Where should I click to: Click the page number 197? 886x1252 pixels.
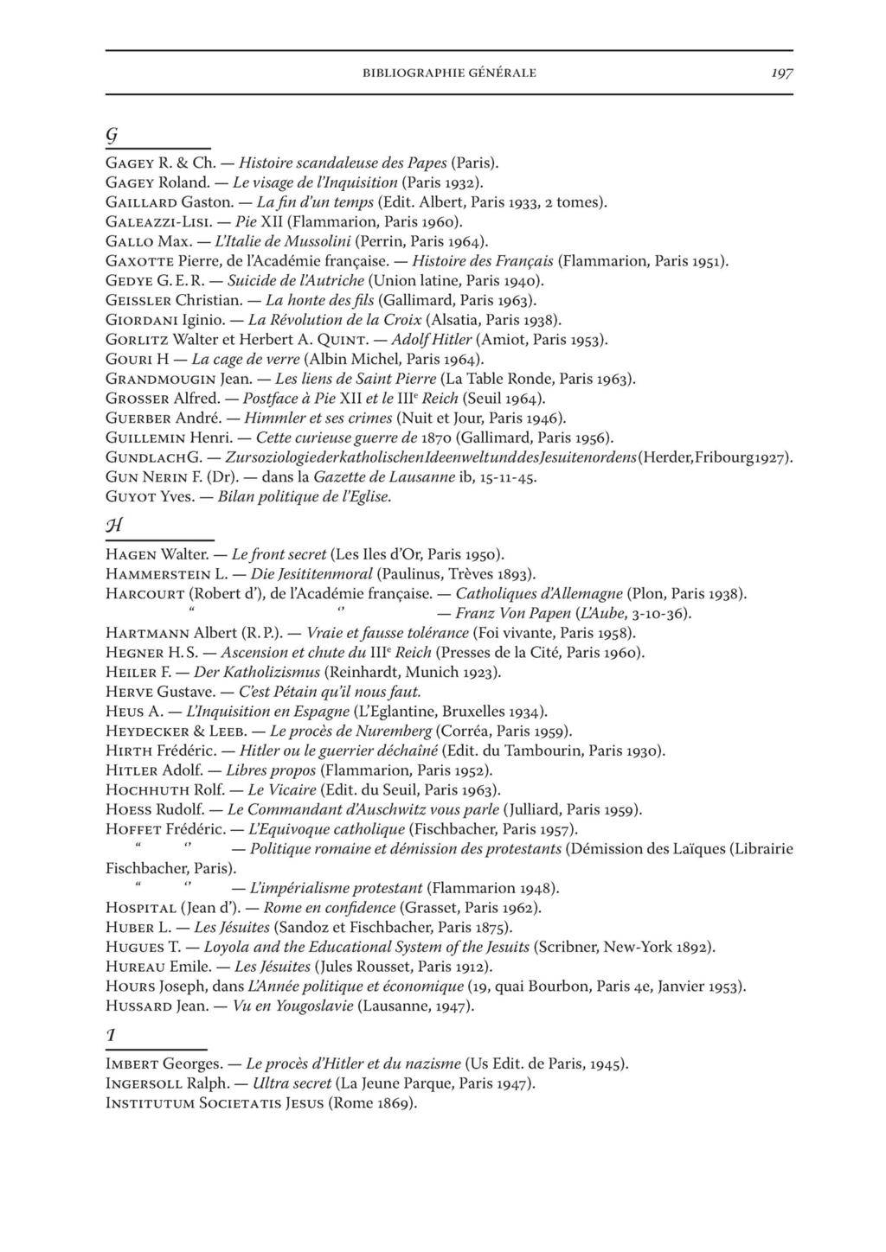[x=781, y=73]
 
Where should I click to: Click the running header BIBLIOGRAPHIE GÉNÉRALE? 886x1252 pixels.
[x=449, y=73]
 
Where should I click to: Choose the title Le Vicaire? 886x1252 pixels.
[x=280, y=790]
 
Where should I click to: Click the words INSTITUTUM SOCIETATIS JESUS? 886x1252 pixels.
[x=214, y=1103]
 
